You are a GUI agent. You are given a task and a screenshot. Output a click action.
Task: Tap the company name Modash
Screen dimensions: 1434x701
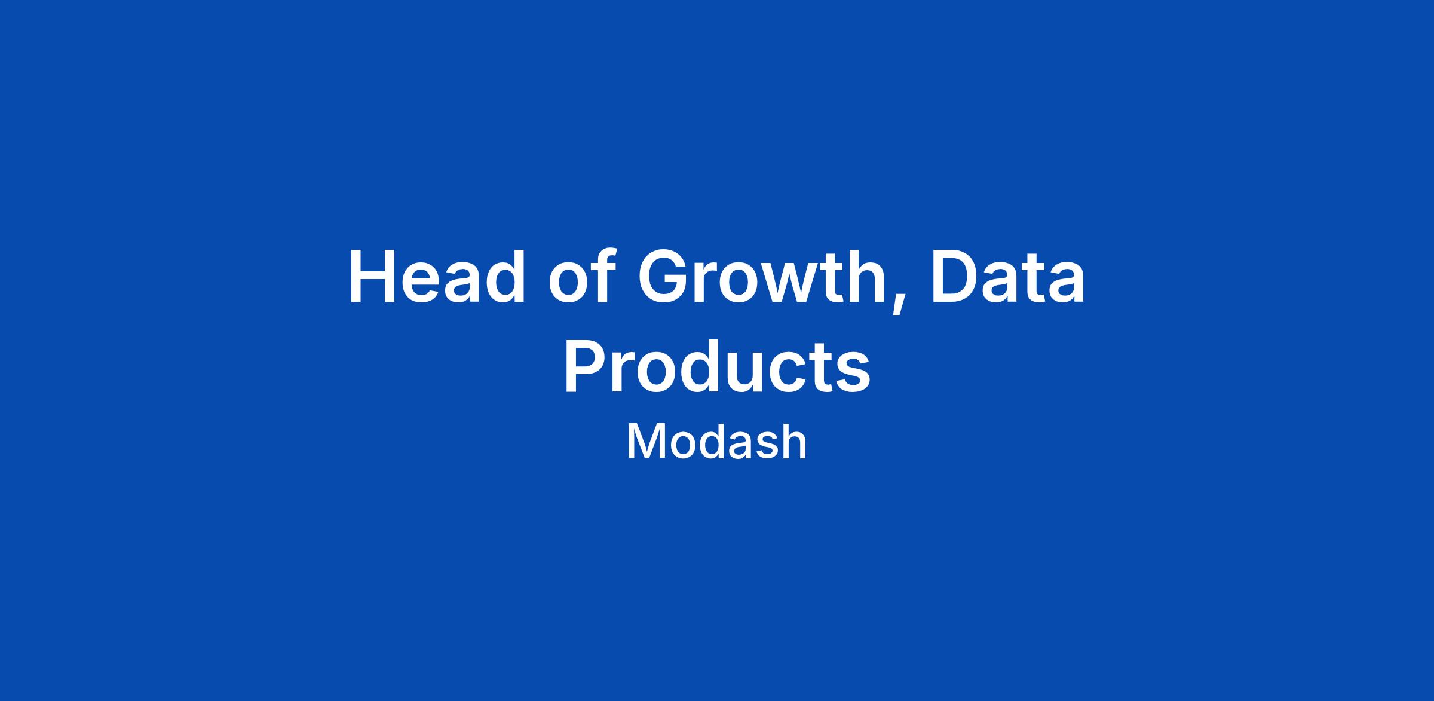tap(717, 442)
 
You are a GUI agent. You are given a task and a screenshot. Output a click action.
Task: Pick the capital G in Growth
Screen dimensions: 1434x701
tap(666, 277)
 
